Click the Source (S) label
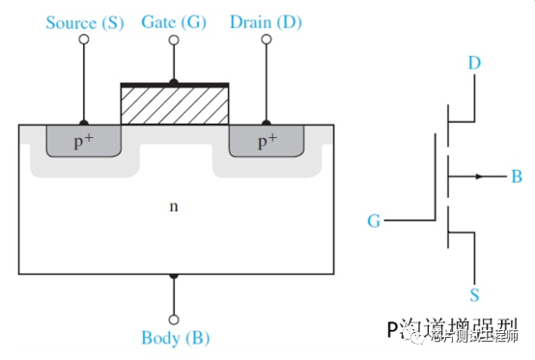pyautogui.click(x=85, y=21)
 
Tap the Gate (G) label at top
pyautogui.click(x=174, y=21)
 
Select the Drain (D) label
pyautogui.click(x=263, y=21)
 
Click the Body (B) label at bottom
pyautogui.click(x=174, y=338)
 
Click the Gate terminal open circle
pyautogui.click(x=174, y=41)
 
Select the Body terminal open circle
pyautogui.click(x=174, y=318)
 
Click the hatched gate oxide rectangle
pyautogui.click(x=174, y=105)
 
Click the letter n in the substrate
pyautogui.click(x=174, y=206)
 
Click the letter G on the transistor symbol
pyautogui.click(x=373, y=221)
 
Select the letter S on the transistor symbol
pyautogui.click(x=475, y=293)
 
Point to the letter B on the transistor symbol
pyautogui.click(x=517, y=178)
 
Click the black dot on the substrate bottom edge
pyautogui.click(x=174, y=275)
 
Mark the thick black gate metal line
pyautogui.click(x=174, y=84)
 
